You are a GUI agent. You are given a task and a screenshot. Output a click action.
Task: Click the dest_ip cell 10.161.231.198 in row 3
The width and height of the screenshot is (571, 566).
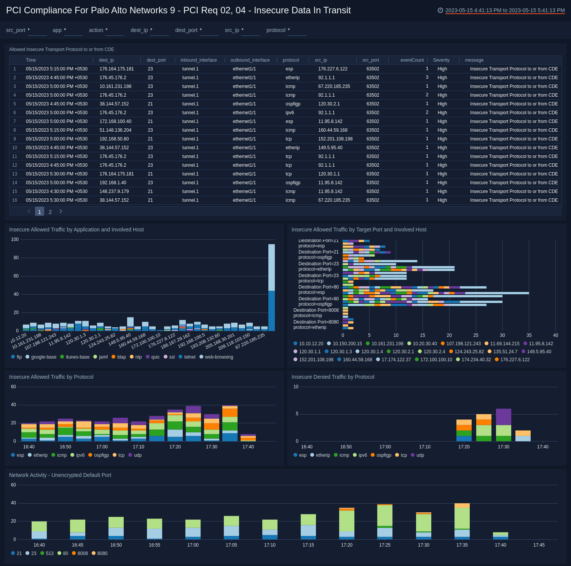(115, 86)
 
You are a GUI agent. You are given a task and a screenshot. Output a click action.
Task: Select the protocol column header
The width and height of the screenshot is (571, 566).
(290, 60)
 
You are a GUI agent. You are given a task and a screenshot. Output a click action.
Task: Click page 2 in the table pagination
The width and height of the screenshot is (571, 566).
(50, 212)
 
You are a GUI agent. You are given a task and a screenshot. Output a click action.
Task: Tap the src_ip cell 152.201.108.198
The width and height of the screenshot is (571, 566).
(335, 139)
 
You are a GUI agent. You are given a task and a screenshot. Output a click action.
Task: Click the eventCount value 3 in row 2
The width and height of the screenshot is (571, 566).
(427, 78)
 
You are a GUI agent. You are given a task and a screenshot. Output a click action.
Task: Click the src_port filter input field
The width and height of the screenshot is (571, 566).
(37, 30)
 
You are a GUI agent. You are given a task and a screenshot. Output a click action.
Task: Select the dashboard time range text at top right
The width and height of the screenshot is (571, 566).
(505, 11)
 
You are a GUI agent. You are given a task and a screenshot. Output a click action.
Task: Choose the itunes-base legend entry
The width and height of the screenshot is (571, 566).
(77, 357)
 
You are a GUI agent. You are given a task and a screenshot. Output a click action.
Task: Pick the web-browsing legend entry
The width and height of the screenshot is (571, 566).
(219, 357)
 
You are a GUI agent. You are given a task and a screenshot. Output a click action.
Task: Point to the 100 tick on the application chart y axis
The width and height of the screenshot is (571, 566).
(15, 239)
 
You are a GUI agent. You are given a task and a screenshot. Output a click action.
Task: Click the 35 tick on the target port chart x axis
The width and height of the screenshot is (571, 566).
(529, 335)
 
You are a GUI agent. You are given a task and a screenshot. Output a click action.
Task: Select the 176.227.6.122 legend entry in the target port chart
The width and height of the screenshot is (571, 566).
(515, 360)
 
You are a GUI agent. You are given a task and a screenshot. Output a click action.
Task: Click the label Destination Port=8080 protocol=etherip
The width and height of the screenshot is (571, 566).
(316, 325)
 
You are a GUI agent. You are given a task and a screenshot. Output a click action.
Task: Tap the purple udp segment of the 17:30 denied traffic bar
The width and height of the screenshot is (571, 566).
(503, 417)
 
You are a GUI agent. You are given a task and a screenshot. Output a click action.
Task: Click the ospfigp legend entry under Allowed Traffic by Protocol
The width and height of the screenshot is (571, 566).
(101, 455)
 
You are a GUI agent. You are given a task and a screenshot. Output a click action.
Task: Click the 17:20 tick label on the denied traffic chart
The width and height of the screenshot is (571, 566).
(464, 447)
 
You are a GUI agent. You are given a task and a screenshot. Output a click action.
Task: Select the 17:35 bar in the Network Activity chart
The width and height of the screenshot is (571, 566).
(462, 521)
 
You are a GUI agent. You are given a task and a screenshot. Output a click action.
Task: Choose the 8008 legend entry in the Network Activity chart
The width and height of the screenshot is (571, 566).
(82, 553)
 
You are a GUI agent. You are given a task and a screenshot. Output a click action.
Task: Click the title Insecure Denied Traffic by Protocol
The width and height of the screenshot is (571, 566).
(333, 377)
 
